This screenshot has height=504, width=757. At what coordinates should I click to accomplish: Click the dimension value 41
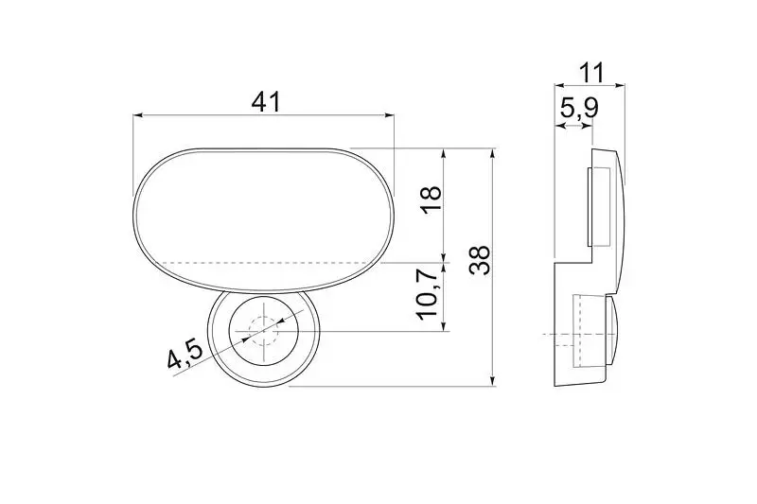(266, 102)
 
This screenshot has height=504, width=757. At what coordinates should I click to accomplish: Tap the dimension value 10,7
(429, 294)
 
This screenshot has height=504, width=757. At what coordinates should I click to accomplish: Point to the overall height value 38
(480, 260)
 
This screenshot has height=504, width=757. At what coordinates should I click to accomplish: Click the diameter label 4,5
(185, 353)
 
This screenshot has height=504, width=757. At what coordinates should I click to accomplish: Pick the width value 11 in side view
(591, 73)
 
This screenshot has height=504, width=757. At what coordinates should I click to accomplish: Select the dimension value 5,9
(579, 108)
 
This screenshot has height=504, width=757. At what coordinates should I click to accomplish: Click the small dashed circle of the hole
(264, 331)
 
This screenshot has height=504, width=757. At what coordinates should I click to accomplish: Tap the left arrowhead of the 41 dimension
(137, 115)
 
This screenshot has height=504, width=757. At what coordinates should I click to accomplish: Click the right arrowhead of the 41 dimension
(389, 115)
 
